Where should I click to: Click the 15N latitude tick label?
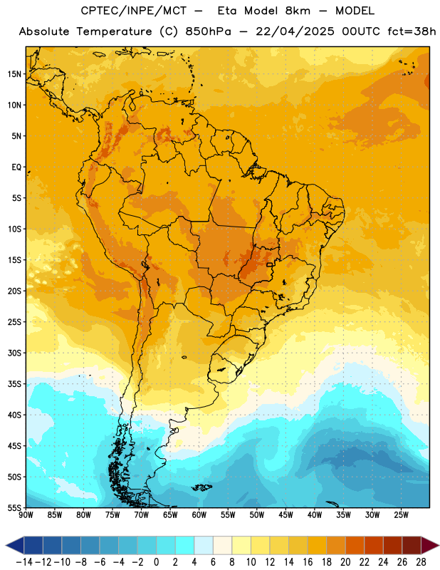coord(14,74)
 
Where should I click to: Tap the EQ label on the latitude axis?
coord(16,167)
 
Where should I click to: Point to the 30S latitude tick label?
coord(14,353)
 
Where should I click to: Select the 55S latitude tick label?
coord(14,507)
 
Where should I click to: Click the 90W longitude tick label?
coord(26,515)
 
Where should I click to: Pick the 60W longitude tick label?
coord(199,515)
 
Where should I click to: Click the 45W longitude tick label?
coord(286,515)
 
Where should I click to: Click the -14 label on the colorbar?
coord(24,562)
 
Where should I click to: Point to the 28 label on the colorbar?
coord(421,562)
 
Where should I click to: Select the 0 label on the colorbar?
coord(157,562)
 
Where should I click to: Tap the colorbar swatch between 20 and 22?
coord(355,545)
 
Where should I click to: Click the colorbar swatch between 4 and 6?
coord(204,545)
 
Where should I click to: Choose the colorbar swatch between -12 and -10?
coord(53,545)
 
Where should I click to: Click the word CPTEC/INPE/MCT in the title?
coord(133,11)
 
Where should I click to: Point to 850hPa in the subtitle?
coord(208,31)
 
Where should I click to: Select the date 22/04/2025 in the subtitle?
coord(295,31)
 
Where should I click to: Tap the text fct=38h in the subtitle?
coord(412,31)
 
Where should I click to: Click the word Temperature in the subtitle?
coord(114,31)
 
